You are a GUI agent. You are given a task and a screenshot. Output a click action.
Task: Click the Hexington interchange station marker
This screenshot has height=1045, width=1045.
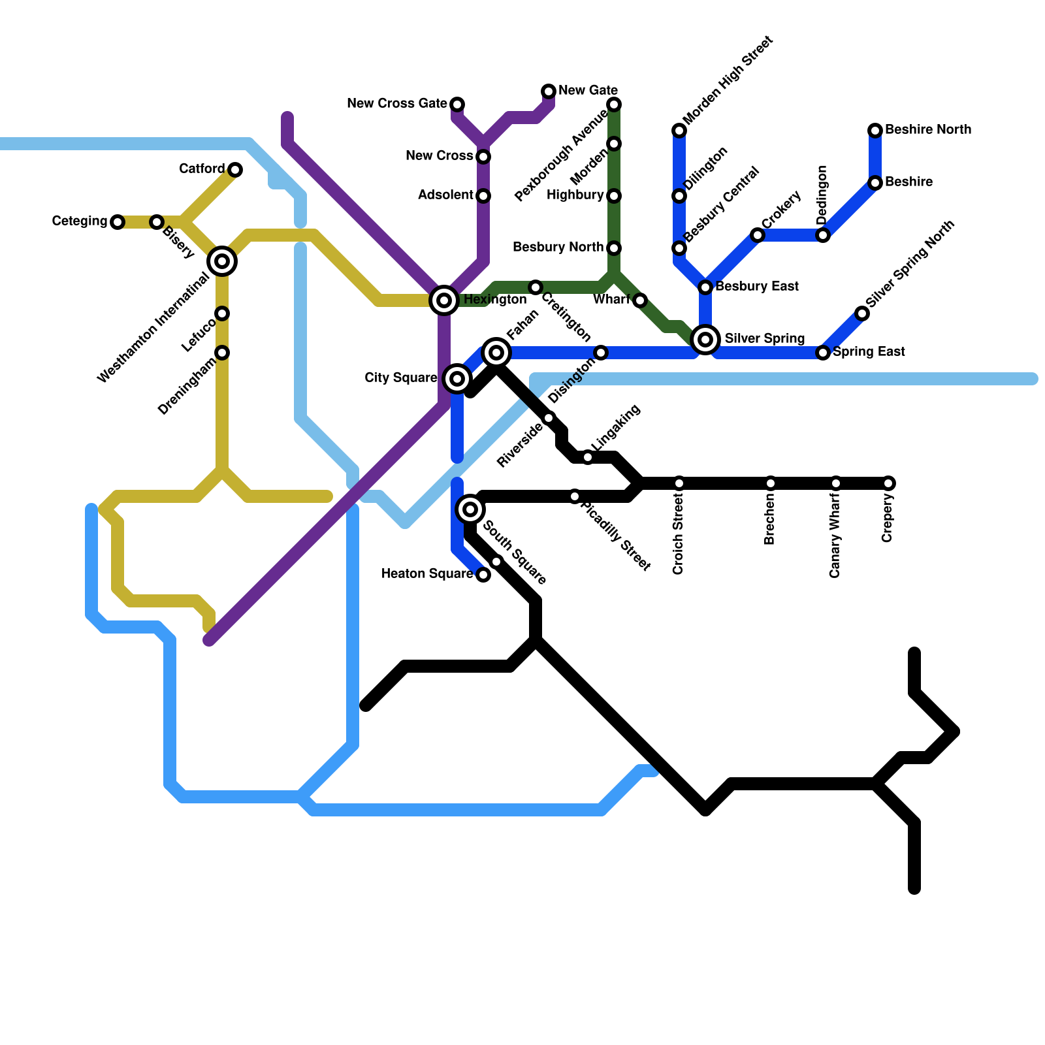tap(444, 300)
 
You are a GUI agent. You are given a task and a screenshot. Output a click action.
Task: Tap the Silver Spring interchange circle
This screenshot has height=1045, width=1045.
tap(705, 340)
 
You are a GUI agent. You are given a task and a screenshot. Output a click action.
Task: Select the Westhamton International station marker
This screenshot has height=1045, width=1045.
tap(222, 261)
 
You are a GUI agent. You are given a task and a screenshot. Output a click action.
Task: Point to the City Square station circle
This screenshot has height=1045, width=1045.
tap(457, 379)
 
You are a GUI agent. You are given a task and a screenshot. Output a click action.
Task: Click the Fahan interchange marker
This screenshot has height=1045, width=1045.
tap(496, 353)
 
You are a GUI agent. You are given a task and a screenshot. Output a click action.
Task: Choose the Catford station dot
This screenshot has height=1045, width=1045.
tap(235, 170)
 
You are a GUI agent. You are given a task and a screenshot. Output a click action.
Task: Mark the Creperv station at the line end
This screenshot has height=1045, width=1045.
tap(888, 483)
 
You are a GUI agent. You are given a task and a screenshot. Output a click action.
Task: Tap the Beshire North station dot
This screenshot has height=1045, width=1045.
tap(875, 131)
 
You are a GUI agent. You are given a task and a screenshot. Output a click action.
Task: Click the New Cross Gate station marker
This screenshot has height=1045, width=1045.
tap(457, 104)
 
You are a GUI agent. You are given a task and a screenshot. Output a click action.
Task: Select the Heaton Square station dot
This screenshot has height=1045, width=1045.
tap(483, 575)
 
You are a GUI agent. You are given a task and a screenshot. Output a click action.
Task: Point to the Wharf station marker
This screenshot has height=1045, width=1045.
tap(640, 300)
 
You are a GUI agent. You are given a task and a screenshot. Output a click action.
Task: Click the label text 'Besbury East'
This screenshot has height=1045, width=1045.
tap(757, 287)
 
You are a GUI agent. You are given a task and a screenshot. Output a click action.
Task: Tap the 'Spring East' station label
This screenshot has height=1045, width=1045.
tap(869, 352)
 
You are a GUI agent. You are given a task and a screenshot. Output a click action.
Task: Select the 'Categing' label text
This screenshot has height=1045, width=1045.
tap(80, 221)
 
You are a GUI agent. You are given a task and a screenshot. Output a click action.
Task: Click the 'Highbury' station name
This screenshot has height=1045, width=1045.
tap(575, 195)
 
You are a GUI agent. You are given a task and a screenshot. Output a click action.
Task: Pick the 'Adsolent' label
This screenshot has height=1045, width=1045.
tap(445, 195)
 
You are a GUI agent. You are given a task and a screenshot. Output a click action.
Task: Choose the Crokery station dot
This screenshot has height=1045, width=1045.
tap(758, 235)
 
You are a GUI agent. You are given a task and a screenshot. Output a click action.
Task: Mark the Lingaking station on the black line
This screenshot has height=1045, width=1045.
tap(588, 457)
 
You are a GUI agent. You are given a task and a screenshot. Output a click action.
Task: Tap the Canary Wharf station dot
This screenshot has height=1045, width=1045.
tap(836, 483)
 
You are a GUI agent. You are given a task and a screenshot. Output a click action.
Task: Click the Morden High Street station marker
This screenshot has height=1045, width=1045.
tap(679, 131)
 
